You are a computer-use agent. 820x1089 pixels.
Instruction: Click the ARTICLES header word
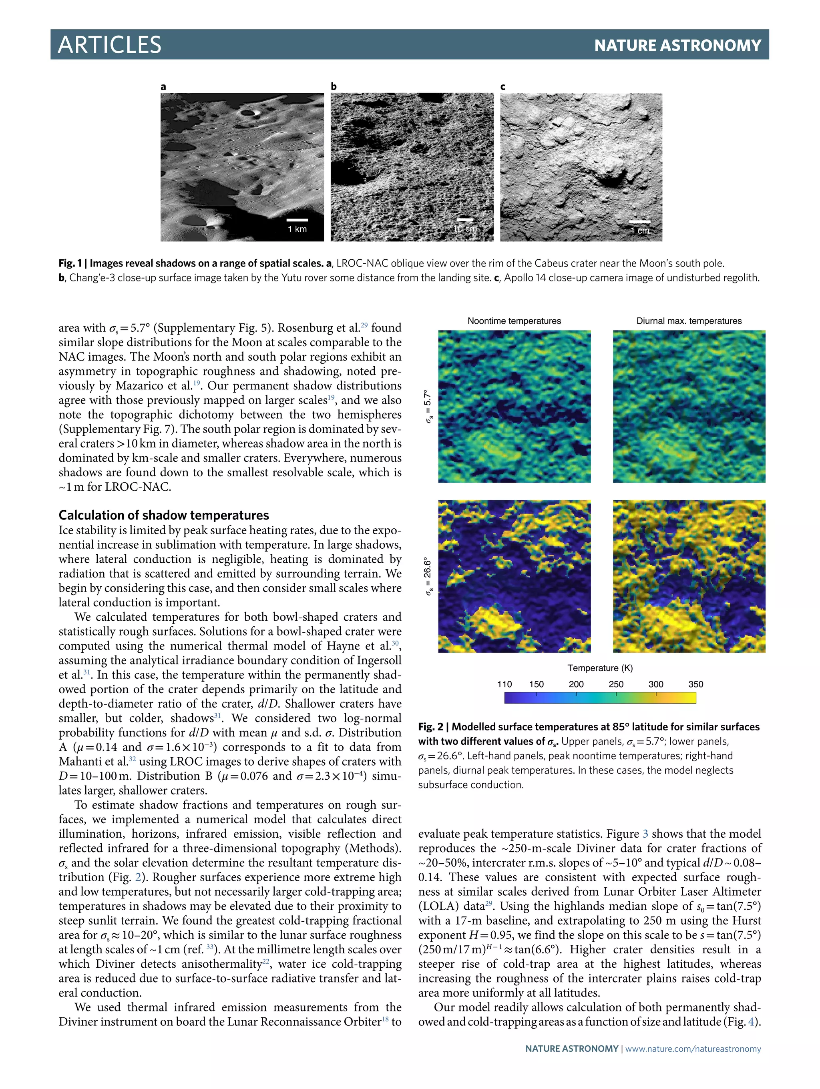point(109,45)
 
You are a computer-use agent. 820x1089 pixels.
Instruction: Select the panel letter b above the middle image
point(334,86)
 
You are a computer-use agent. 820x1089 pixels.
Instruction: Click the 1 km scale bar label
point(297,229)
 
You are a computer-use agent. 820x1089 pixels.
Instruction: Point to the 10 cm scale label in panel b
point(465,229)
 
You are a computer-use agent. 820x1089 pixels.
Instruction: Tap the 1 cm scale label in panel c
point(640,231)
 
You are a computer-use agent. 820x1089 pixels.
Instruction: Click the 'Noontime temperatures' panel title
point(514,321)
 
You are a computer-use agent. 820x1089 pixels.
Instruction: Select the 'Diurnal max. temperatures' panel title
point(689,321)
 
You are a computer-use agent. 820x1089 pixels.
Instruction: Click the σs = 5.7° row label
point(428,407)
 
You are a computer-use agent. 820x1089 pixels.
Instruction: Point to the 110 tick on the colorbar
point(504,684)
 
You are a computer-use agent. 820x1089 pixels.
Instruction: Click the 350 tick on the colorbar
point(695,684)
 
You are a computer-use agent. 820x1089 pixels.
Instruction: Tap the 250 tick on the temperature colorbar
point(616,684)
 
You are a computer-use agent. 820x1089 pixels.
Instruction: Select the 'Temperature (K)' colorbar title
point(600,668)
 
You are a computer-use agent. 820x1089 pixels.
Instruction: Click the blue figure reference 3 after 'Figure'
point(645,834)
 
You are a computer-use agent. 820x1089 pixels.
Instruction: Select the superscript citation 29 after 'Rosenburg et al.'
point(364,325)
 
